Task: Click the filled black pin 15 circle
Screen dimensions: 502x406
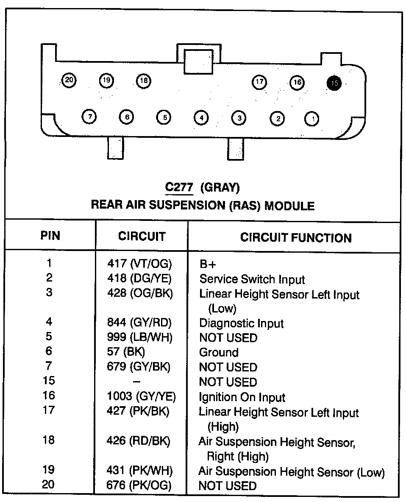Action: click(x=334, y=83)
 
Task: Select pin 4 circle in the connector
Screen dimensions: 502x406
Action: click(x=201, y=117)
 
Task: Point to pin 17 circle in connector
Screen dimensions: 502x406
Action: click(x=259, y=82)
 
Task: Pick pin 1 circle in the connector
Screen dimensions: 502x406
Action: click(x=312, y=119)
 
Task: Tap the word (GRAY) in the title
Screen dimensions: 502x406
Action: click(x=220, y=187)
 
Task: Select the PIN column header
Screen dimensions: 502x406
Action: click(x=50, y=236)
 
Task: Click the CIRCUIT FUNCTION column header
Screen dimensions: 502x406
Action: click(x=296, y=237)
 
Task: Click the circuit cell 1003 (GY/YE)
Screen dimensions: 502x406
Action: click(x=141, y=396)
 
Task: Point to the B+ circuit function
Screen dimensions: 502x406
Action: click(x=207, y=265)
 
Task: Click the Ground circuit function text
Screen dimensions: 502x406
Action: click(x=219, y=352)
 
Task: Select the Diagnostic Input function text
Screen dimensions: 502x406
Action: click(x=241, y=323)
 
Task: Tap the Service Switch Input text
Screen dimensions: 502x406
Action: click(x=252, y=279)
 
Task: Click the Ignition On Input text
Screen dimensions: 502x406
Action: click(x=242, y=397)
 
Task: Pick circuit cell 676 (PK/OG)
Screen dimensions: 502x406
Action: click(x=139, y=485)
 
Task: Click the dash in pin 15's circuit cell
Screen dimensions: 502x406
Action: click(x=136, y=382)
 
